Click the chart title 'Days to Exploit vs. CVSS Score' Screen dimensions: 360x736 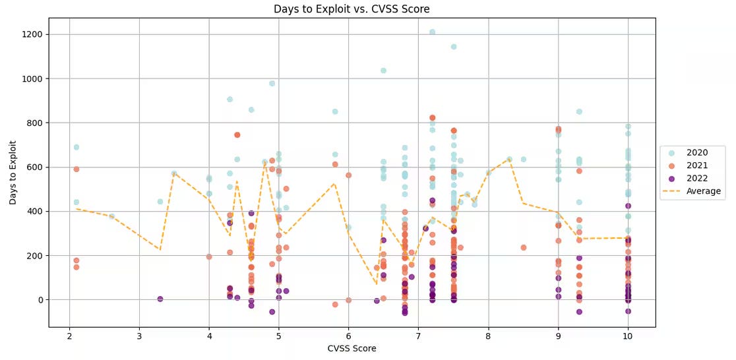pos(352,9)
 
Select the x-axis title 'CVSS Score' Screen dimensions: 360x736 pos(352,348)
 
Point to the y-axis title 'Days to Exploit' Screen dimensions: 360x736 pos(13,171)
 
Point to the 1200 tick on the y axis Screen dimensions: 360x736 pos(32,34)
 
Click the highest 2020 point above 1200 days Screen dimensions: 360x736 pos(432,32)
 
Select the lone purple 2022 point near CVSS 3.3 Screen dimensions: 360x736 pos(160,299)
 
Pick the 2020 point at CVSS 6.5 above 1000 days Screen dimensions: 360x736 pos(383,71)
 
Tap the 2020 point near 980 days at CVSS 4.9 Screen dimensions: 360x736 pos(272,83)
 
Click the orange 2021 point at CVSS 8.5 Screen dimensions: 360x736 pos(524,247)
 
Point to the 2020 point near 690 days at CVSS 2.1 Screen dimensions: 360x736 pos(77,147)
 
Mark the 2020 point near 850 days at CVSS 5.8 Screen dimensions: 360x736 pos(335,111)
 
